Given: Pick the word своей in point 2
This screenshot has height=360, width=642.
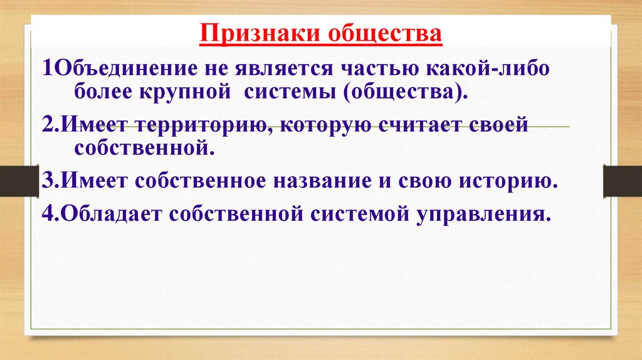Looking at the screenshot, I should click(502, 125).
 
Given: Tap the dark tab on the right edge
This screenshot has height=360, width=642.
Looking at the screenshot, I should click(623, 181).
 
